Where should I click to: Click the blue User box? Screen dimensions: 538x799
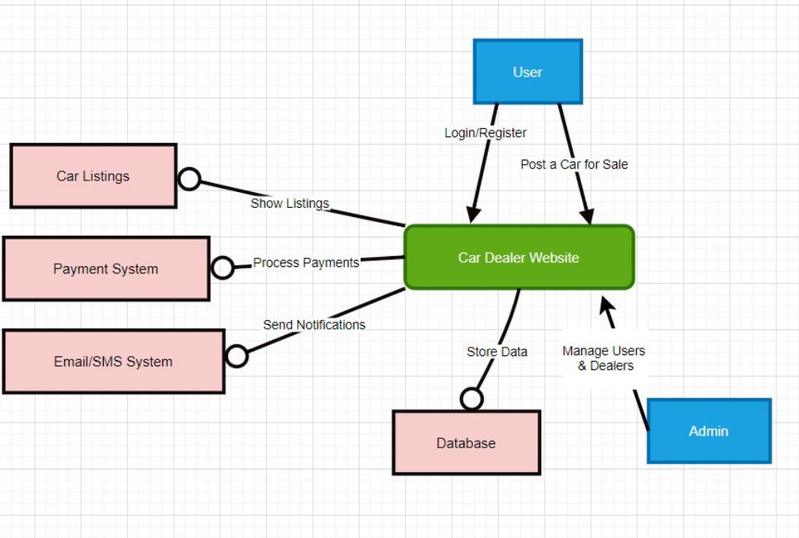click(x=527, y=72)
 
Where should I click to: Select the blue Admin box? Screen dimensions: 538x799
click(x=708, y=431)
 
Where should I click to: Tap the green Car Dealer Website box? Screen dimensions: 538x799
click(x=519, y=257)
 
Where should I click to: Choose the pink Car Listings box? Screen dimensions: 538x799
click(x=93, y=176)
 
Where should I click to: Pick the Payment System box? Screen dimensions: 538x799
click(x=106, y=269)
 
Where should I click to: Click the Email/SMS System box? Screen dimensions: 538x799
click(x=113, y=362)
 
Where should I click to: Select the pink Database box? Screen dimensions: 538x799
click(x=466, y=443)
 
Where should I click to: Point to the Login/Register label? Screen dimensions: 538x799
click(x=485, y=133)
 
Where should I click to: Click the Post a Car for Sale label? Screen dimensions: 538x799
click(x=574, y=164)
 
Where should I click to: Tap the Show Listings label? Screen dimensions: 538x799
click(x=289, y=203)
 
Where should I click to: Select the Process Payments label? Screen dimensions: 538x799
click(x=306, y=262)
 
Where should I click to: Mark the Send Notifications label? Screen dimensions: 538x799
click(x=314, y=324)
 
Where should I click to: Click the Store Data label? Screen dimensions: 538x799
click(x=497, y=351)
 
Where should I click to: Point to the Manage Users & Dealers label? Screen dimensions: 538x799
click(x=604, y=358)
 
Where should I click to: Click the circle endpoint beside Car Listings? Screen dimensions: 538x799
click(x=190, y=179)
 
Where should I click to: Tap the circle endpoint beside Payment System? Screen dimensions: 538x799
click(x=222, y=268)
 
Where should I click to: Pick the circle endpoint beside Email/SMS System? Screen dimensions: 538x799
click(x=236, y=356)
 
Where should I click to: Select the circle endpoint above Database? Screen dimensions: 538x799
click(x=471, y=399)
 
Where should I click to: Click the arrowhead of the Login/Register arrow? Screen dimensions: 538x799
click(x=473, y=214)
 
